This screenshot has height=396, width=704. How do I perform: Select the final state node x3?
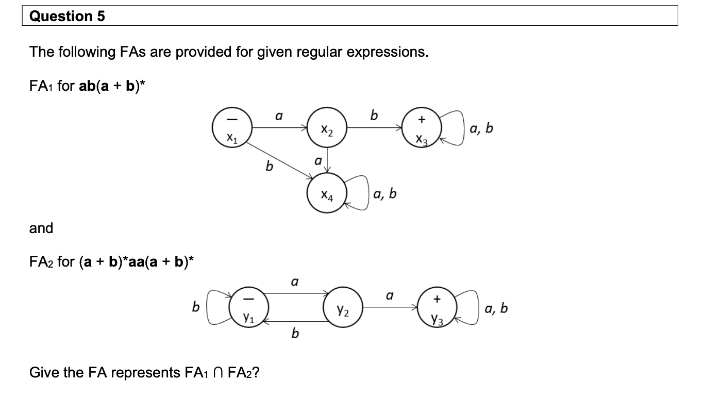point(422,128)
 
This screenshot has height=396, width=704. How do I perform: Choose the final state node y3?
point(437,308)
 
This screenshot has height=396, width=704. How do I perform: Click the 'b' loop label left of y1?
point(195,308)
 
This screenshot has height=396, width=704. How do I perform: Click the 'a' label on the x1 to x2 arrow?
point(278,117)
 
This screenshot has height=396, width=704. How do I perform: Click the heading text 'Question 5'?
point(67,16)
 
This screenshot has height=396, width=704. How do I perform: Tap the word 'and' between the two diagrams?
point(41,228)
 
